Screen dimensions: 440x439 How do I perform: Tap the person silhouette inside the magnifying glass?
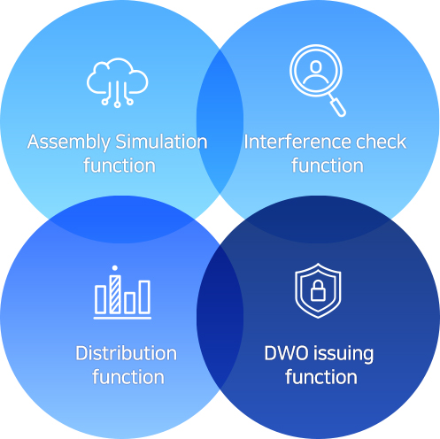click(316, 73)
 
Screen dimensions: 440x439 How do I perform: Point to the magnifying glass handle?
click(337, 107)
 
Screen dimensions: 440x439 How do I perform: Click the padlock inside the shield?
click(318, 290)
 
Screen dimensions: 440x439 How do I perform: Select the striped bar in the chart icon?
click(115, 294)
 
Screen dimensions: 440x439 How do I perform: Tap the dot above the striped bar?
click(115, 268)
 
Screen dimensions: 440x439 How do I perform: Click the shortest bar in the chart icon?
click(129, 303)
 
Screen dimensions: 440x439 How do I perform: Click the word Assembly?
click(68, 142)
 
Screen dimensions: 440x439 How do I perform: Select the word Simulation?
click(161, 142)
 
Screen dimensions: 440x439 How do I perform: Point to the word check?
click(382, 142)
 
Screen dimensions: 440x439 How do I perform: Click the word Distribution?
click(126, 353)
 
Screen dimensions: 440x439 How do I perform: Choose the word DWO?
click(286, 353)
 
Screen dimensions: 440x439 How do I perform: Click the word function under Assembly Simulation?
click(120, 166)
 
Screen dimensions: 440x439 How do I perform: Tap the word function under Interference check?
click(328, 166)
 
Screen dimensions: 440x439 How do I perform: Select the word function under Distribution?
click(128, 377)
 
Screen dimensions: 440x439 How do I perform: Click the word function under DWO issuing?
click(321, 377)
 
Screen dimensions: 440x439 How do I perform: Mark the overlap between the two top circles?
click(220, 121)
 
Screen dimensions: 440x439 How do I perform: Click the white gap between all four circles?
click(220, 219)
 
